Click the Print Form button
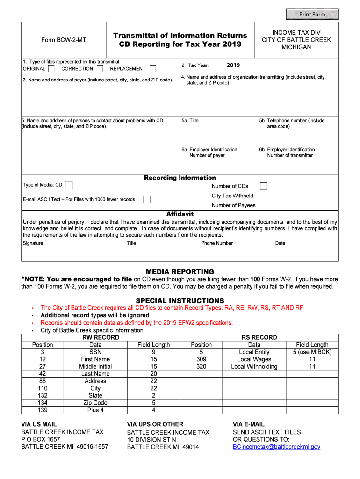(312, 14)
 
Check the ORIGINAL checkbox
(51, 69)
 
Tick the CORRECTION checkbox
(100, 69)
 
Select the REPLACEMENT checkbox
(152, 69)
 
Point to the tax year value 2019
(233, 65)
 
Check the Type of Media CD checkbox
(69, 185)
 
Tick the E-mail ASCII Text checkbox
(146, 199)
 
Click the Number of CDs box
(264, 186)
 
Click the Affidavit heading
(180, 214)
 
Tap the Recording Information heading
(180, 178)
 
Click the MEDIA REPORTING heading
(180, 272)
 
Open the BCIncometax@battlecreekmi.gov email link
(276, 447)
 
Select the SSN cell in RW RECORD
(95, 352)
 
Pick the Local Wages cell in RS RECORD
(254, 359)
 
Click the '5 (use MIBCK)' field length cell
(312, 352)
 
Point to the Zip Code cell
(95, 403)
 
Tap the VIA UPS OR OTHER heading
(155, 424)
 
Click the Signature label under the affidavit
(33, 243)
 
